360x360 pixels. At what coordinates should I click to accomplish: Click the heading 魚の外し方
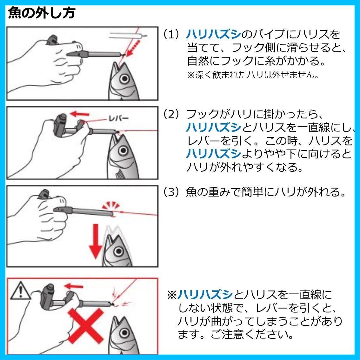(42, 13)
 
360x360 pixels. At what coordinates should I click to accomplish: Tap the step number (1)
(171, 34)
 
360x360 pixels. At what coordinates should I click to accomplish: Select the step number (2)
(171, 114)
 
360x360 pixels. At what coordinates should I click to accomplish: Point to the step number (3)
(171, 192)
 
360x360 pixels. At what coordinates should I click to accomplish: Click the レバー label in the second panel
(118, 119)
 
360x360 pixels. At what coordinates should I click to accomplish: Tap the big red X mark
(85, 326)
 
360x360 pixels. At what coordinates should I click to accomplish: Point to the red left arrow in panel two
(79, 114)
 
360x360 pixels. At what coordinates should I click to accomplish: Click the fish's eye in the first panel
(124, 79)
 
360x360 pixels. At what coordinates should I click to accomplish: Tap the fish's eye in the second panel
(123, 150)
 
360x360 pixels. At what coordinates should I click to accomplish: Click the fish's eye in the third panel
(119, 251)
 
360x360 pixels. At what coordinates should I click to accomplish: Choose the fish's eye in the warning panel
(124, 333)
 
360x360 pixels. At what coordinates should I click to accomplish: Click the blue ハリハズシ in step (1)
(214, 34)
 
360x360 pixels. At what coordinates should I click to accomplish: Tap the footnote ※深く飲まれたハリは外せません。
(253, 75)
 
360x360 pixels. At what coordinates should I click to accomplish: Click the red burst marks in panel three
(111, 205)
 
